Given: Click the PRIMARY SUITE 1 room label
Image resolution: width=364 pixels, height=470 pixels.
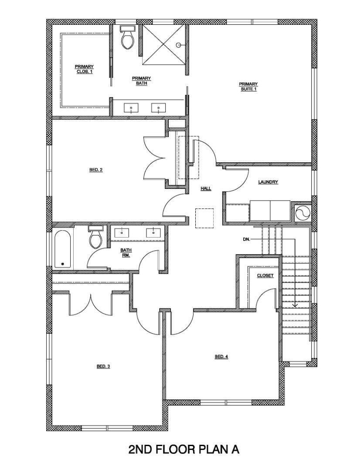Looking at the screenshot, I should coord(248,86).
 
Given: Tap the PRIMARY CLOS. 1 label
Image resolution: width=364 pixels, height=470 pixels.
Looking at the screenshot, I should coord(84,69).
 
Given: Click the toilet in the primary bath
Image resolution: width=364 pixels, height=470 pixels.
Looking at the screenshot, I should coord(128,38).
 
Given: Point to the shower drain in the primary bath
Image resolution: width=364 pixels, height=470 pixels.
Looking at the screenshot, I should coord(178,45).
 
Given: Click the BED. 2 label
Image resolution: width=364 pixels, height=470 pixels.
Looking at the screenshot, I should coord(96,170).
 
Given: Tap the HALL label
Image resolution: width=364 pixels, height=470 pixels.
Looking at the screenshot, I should coord(206,188).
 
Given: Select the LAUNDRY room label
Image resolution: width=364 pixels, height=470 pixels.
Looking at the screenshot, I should coord(268,182).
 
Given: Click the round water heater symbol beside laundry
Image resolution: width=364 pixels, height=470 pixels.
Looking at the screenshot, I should coord(302,212).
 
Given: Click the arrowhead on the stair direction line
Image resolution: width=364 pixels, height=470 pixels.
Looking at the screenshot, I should coord(295,305).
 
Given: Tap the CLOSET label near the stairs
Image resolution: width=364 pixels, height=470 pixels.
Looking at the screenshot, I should coord(265,275).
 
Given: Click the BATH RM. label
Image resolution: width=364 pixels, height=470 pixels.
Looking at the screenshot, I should coord(126,252).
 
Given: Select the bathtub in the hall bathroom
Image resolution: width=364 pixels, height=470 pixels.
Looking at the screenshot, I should coord(63,249).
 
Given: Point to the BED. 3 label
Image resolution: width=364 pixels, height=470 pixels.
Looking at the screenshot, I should coord(103,366).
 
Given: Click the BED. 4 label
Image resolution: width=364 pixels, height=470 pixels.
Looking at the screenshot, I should coord(221,356).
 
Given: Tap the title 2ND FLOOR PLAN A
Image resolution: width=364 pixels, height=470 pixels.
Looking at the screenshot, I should coord(184,449).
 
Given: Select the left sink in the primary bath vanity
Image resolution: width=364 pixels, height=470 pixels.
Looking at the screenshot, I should coord(131,107).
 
